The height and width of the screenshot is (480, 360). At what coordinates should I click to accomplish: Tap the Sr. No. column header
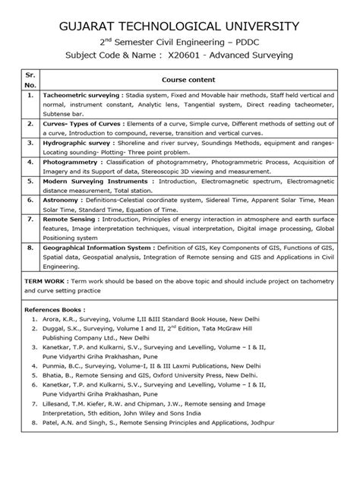click(x=30, y=80)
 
